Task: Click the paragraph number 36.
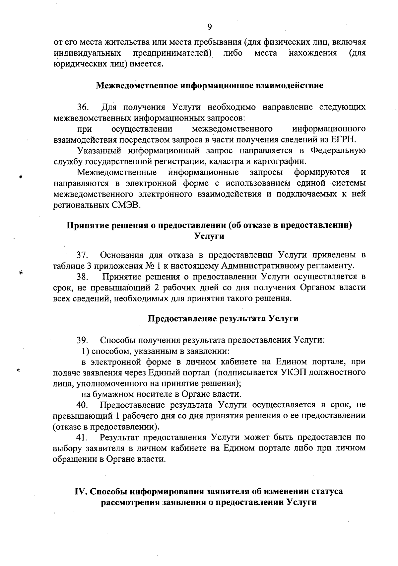pyautogui.click(x=83, y=107)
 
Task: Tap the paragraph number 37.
pyautogui.click(x=83, y=255)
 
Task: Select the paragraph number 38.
pyautogui.click(x=83, y=277)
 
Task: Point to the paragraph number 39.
pyautogui.click(x=83, y=340)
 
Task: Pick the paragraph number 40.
pyautogui.click(x=83, y=405)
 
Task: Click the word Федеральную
pyautogui.click(x=338, y=151)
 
